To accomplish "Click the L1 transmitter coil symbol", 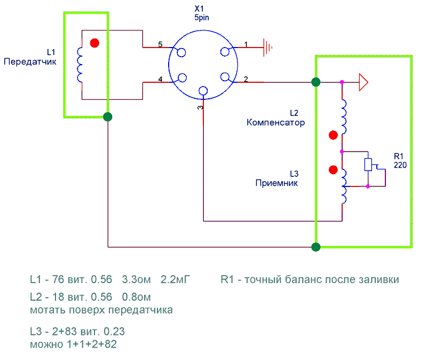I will [x=81, y=65].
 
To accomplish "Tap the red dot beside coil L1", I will [x=94, y=43].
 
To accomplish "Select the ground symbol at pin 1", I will [x=267, y=48].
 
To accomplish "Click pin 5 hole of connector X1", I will [x=181, y=53].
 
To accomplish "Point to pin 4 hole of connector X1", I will [x=181, y=78].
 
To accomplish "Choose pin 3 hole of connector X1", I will [x=203, y=91].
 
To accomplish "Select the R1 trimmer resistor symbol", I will [x=368, y=165].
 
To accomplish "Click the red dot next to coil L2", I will [x=333, y=135].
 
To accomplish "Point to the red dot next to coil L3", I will [x=333, y=170].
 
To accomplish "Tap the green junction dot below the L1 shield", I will [x=108, y=116].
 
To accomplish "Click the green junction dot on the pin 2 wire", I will [x=316, y=82].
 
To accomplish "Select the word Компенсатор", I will [x=275, y=122].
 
